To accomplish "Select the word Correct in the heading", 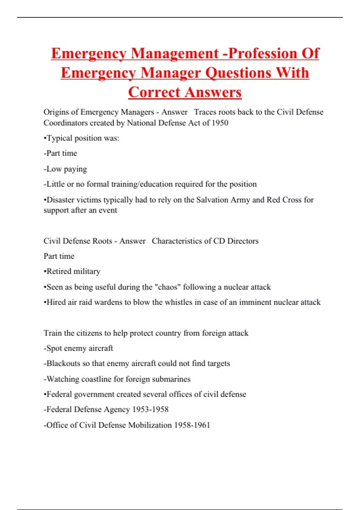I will (x=154, y=92).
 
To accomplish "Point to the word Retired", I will (x=59, y=271).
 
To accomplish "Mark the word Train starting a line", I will (x=53, y=333).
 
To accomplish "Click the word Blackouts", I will (x=63, y=363).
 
